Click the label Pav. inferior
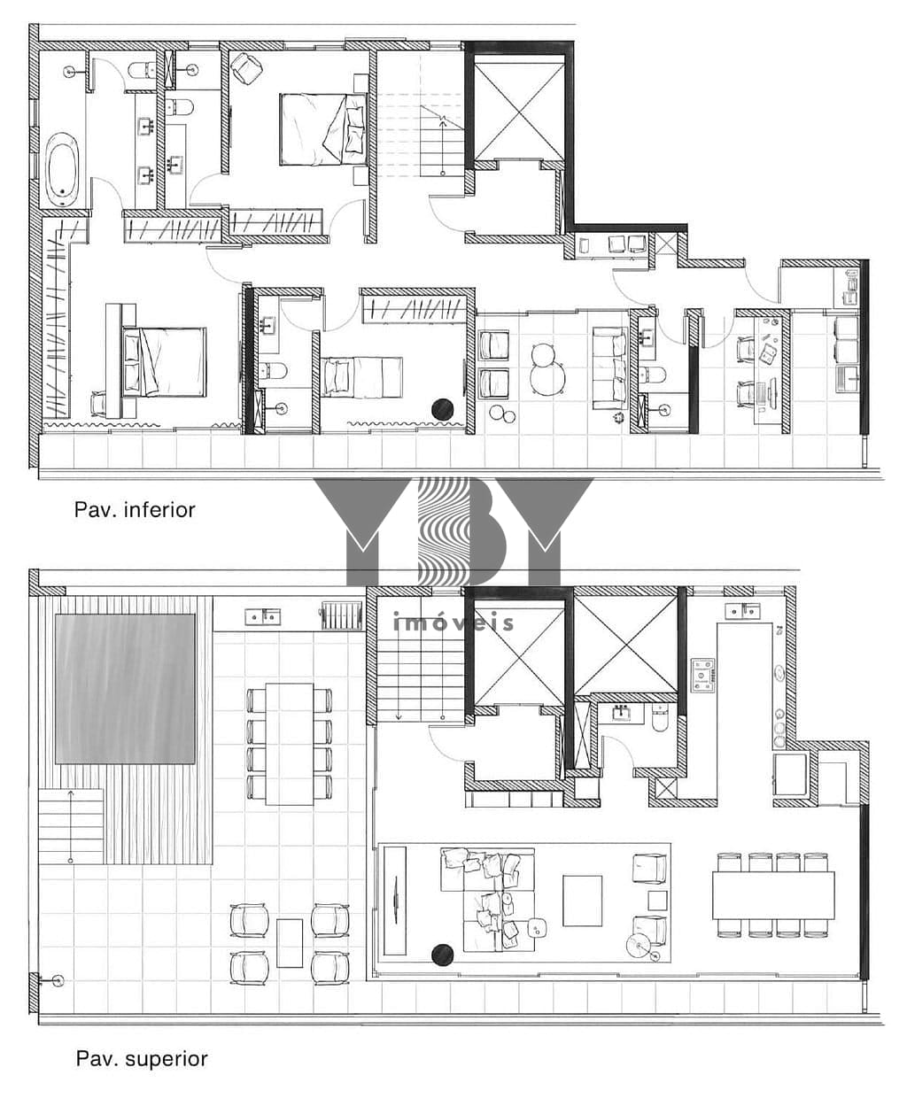135,510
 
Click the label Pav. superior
142,1059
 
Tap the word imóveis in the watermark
453,623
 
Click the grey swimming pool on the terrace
125,689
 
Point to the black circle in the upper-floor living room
442,955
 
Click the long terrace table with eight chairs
289,744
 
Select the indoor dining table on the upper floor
773,895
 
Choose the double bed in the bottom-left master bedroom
163,362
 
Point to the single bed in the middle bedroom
362,376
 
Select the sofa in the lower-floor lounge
610,368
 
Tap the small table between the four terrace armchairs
290,943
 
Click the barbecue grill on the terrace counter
342,615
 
